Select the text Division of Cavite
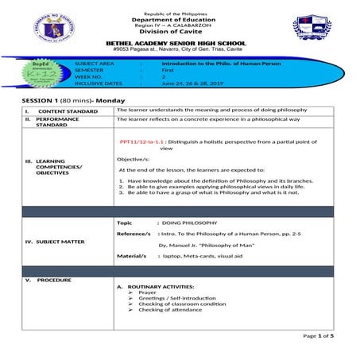coord(179,32)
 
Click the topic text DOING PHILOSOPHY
coord(188,223)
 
